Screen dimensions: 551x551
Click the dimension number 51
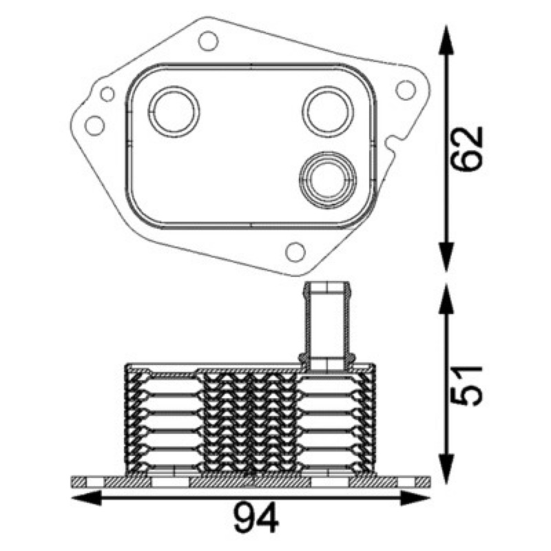coord(467,386)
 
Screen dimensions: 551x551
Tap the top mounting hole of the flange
coord(209,41)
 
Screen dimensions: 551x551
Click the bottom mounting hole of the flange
coord(295,251)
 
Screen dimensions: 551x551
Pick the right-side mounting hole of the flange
coord(406,90)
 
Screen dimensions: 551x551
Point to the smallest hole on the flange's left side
coord(107,94)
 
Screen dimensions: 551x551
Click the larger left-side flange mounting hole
coord(95,125)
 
